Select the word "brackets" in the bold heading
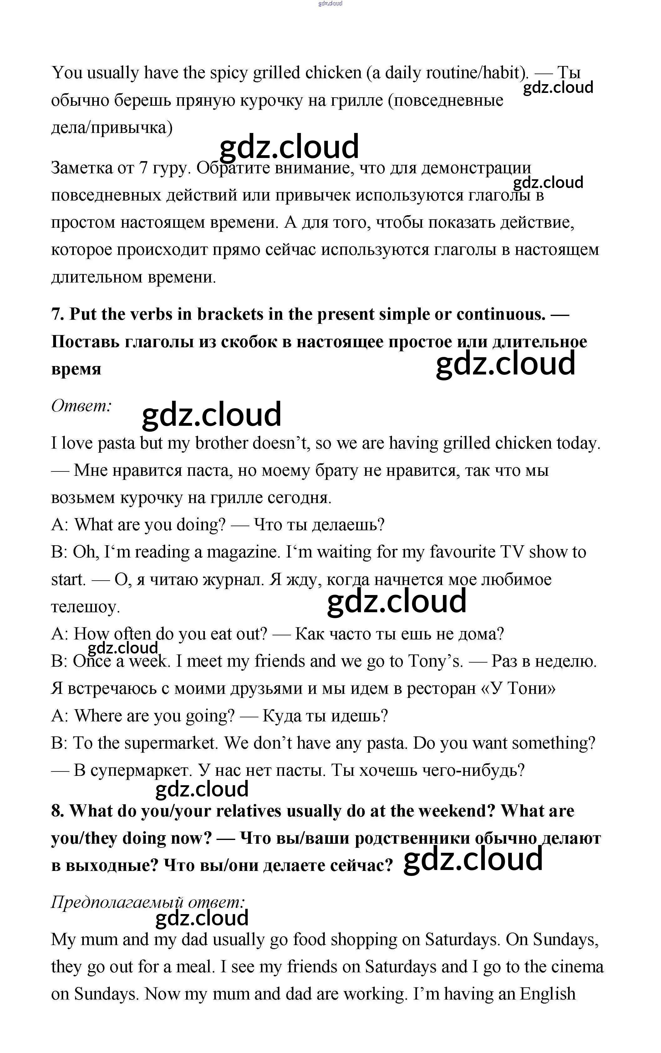click(227, 314)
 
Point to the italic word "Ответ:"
click(82, 406)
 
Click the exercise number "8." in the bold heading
click(58, 811)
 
